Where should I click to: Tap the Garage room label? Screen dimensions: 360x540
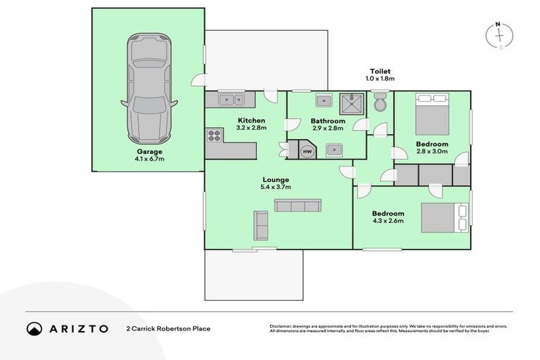148,151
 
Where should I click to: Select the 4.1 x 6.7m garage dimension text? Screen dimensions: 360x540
148,159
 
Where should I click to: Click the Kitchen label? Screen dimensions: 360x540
251,120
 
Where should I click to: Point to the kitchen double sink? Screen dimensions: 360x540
230,99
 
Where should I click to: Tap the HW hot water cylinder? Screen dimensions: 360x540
307,150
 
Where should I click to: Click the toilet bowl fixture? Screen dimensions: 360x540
380,103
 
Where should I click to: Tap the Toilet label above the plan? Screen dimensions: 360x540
380,71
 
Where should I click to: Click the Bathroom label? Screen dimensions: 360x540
327,121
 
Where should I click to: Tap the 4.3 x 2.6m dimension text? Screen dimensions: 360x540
388,221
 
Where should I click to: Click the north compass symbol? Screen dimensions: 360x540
499,36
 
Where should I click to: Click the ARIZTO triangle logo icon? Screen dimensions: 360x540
34,328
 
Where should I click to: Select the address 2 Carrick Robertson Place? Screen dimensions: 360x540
168,328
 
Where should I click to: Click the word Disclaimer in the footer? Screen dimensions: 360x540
284,326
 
